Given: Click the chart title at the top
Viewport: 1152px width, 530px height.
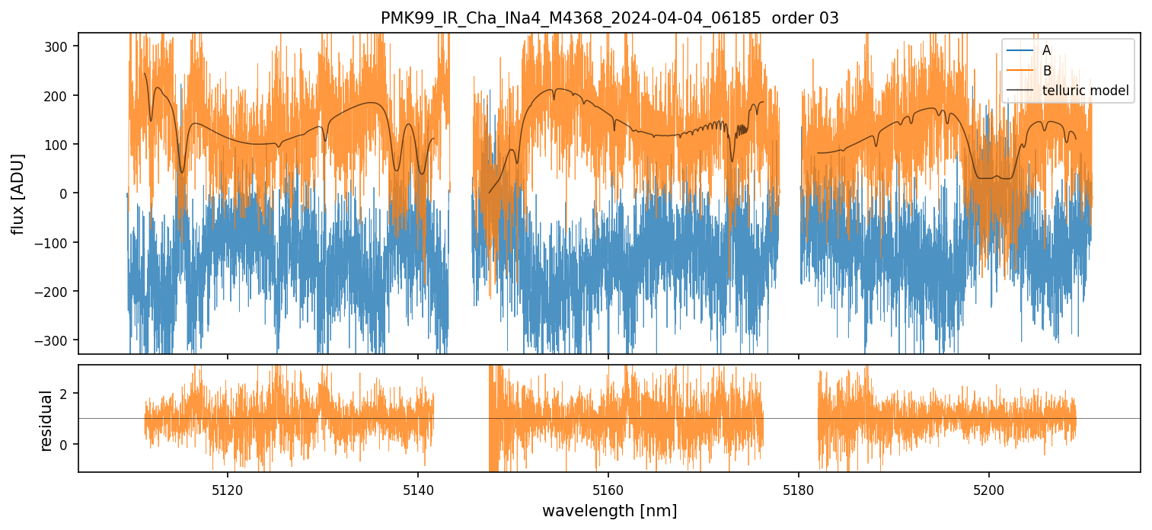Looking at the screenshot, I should [x=609, y=18].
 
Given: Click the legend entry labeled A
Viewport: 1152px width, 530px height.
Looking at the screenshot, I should [x=1046, y=50].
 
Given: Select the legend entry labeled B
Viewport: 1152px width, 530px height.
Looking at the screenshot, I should [x=1046, y=71].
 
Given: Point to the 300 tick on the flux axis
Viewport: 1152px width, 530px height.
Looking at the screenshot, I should [x=59, y=46].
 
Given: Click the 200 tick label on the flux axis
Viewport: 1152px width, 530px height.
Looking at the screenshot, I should [x=59, y=95].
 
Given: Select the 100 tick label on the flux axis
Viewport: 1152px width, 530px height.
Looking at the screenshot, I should [x=59, y=145].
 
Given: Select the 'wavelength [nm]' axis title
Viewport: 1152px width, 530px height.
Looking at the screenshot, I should [x=609, y=510].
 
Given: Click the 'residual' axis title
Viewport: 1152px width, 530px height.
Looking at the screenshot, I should [x=46, y=420].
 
